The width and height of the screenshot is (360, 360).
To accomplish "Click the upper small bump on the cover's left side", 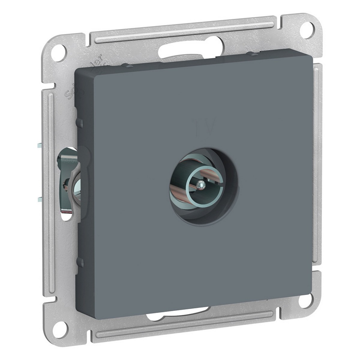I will tap(80, 122).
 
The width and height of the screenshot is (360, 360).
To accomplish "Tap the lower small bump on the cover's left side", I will tap(80, 263).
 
